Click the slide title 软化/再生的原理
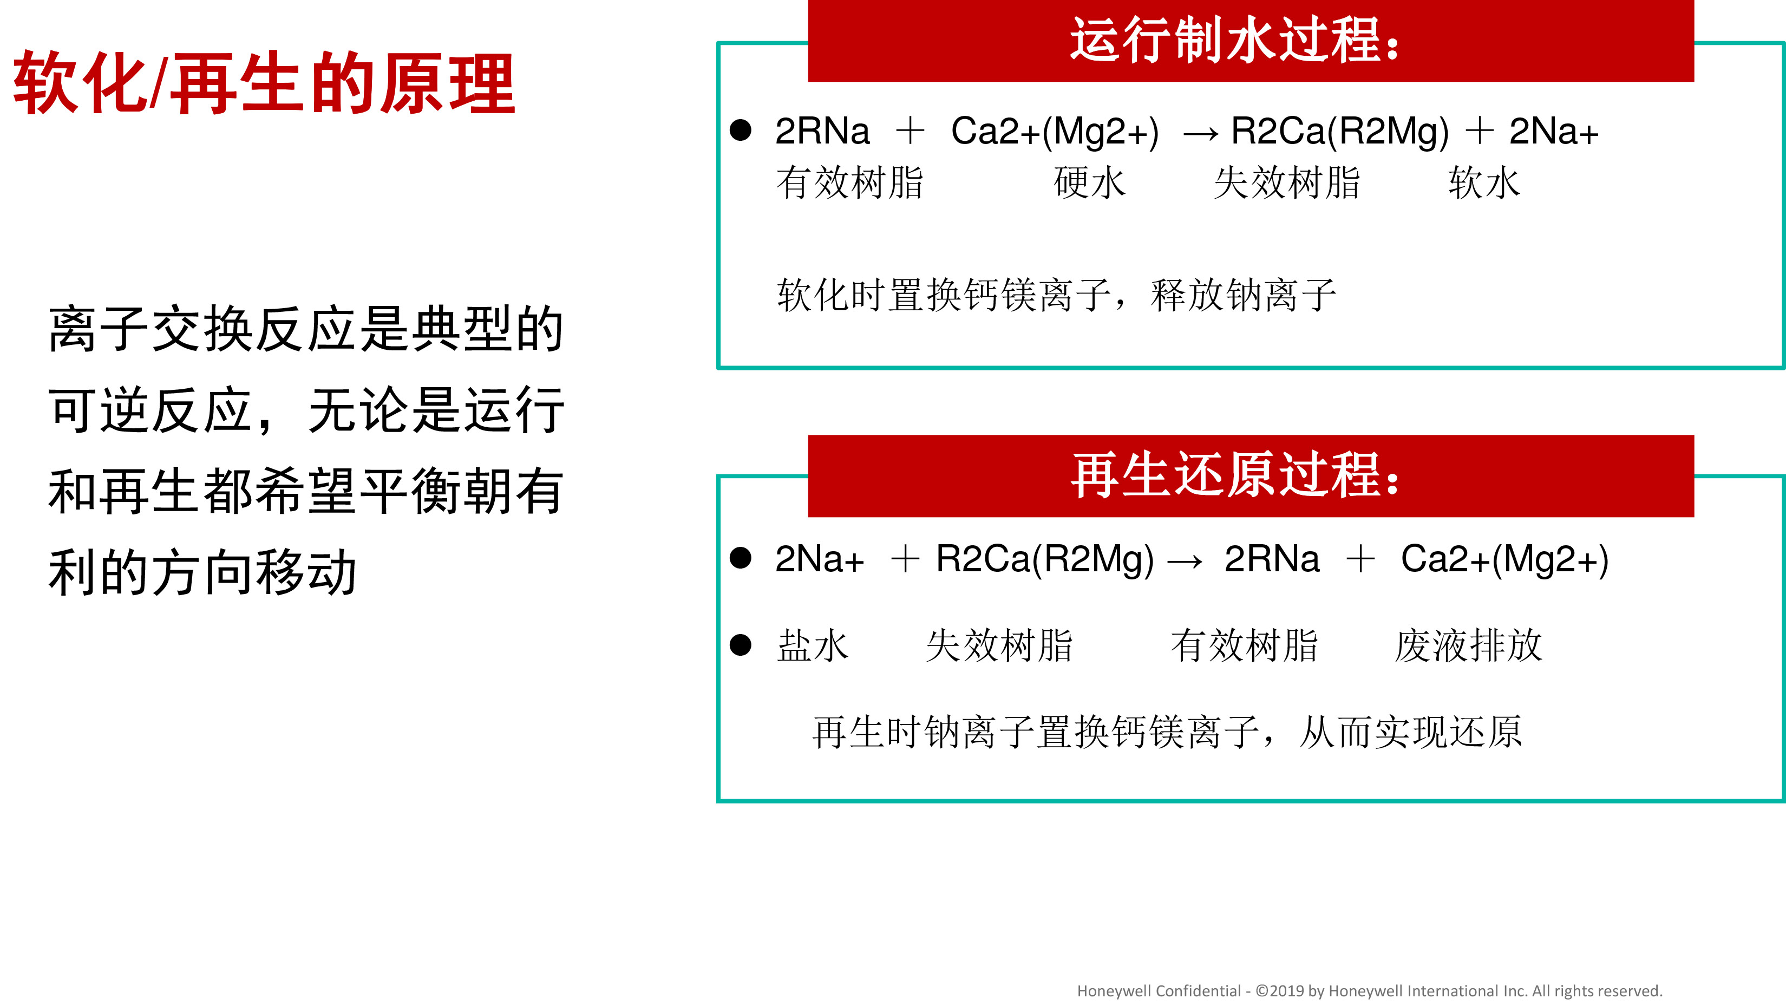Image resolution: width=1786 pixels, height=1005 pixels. [264, 82]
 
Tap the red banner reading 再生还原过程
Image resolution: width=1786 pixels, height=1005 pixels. [1251, 476]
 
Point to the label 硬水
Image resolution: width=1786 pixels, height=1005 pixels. [1090, 183]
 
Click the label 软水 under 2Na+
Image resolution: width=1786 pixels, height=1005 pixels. [1484, 183]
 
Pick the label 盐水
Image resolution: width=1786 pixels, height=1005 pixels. [813, 646]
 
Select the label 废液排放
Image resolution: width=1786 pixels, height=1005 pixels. [1468, 646]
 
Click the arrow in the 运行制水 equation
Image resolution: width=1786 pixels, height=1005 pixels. [1200, 134]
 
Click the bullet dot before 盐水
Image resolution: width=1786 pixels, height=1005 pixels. [741, 645]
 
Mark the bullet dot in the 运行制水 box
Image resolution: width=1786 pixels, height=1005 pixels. [741, 130]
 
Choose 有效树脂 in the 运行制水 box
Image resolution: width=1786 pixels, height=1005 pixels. [850, 183]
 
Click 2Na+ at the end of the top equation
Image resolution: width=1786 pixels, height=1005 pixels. [1554, 131]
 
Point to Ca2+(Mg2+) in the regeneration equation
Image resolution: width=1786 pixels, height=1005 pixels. [1504, 560]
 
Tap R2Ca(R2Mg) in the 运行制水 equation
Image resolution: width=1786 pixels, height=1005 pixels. [1339, 132]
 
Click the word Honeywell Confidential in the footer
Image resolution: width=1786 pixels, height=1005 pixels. [1159, 991]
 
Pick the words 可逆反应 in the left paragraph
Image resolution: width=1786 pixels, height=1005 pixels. [151, 410]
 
